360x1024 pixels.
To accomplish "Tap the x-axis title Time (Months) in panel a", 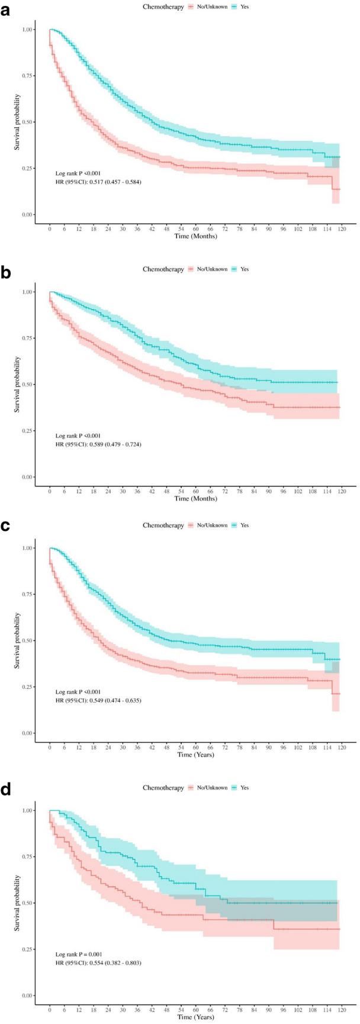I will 196,236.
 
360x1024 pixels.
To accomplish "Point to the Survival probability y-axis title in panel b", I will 18,384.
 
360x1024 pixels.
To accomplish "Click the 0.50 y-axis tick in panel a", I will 27,122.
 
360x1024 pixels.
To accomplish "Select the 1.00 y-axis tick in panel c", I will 27,548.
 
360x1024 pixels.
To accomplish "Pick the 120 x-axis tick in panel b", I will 342,490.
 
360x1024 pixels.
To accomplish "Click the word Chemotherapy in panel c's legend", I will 163,526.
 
